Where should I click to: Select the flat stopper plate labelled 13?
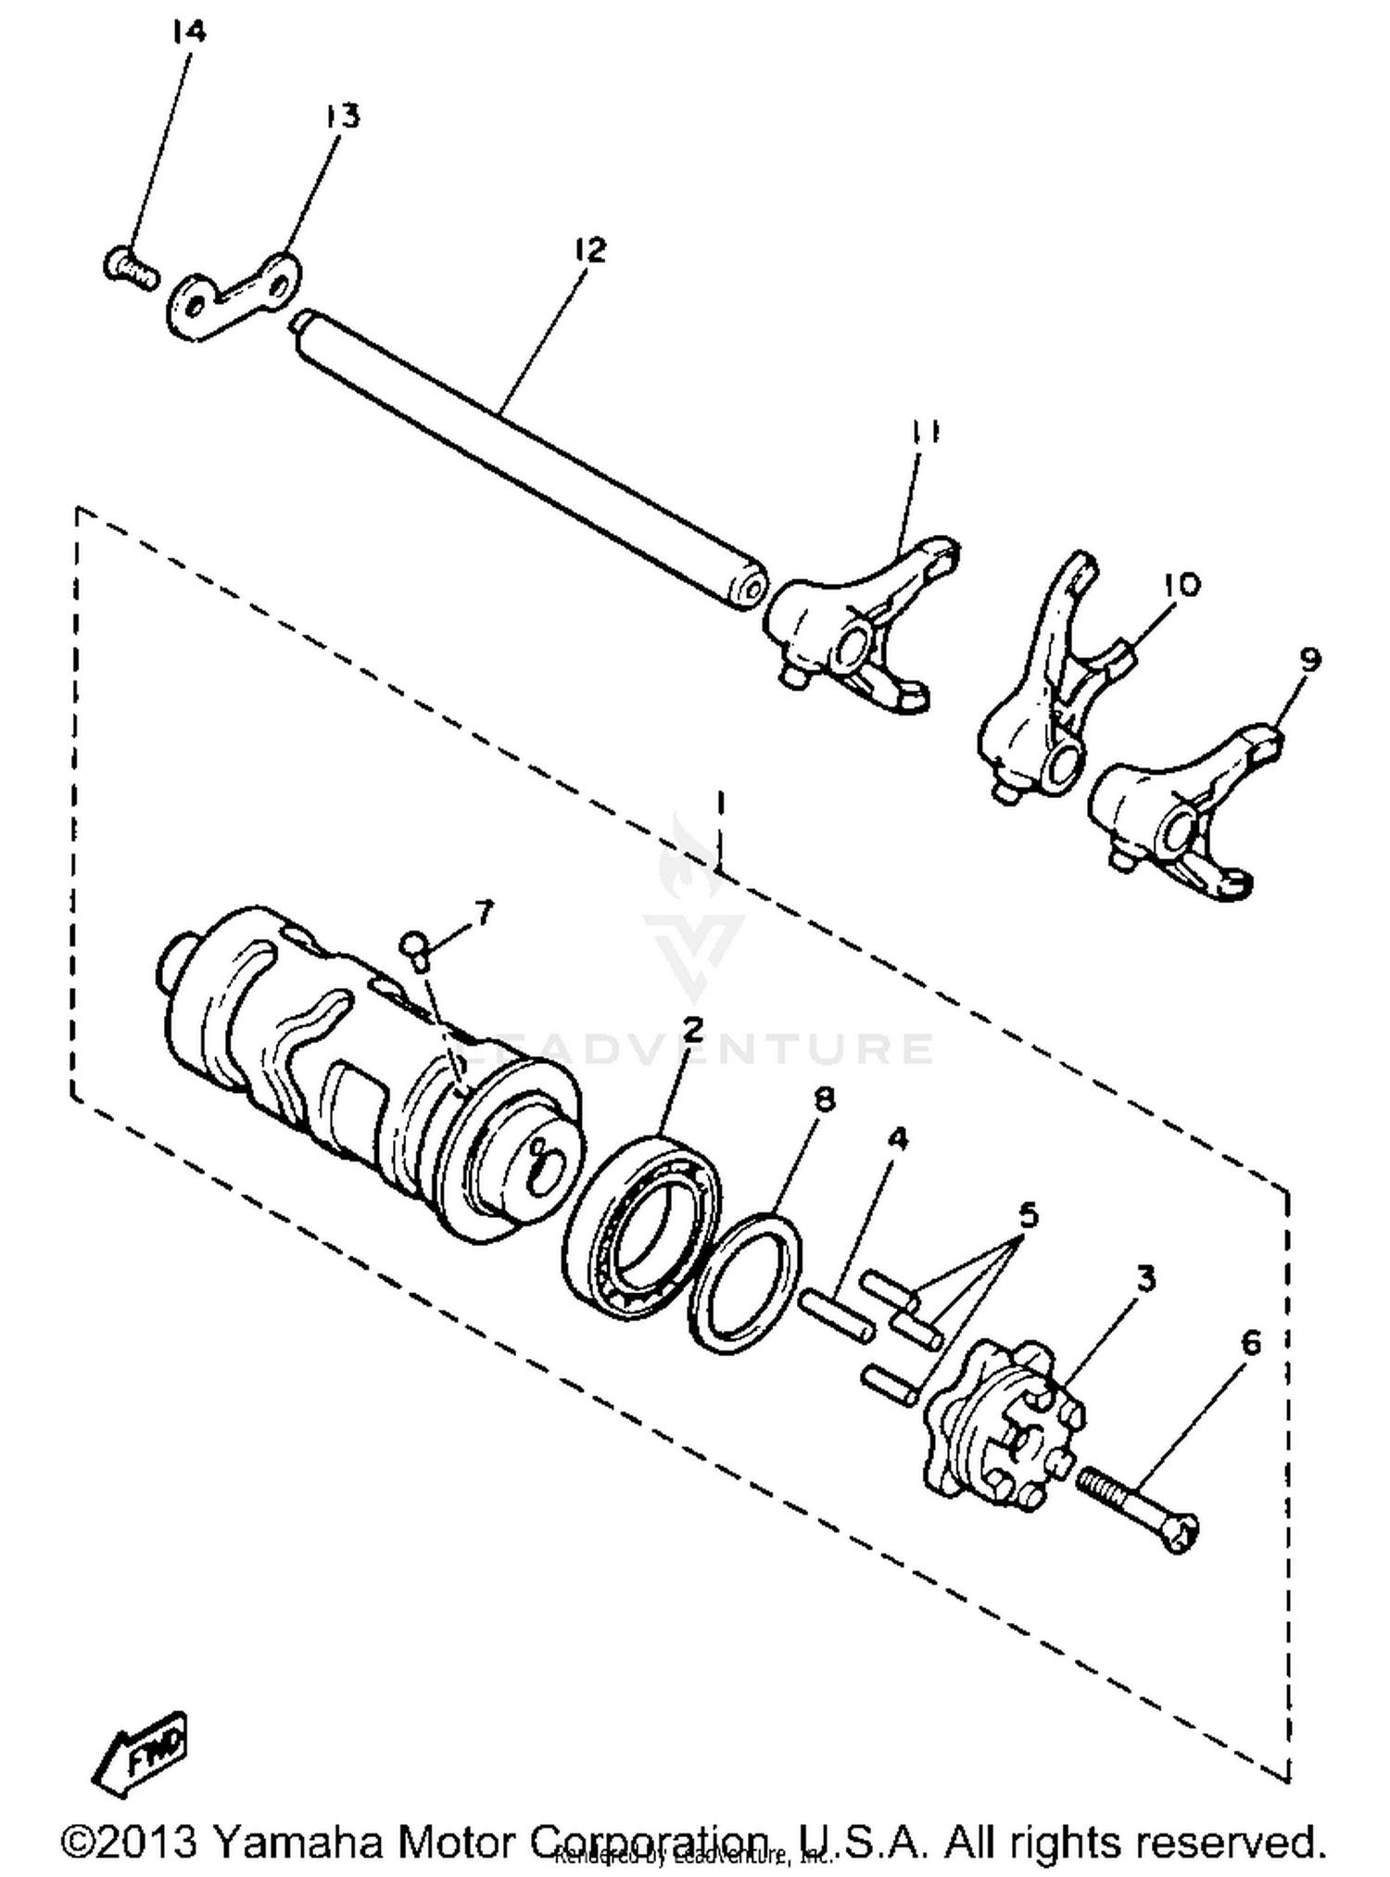click(x=234, y=296)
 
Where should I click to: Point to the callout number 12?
click(x=588, y=250)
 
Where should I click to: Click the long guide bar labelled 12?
click(x=528, y=458)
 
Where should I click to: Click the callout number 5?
click(x=1028, y=1216)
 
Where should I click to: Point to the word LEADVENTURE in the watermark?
click(x=695, y=1047)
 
